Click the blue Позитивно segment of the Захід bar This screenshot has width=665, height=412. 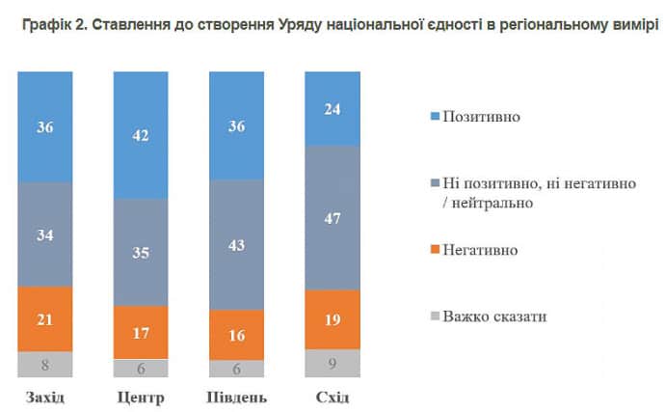point(44,125)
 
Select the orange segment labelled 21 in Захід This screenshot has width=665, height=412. point(44,319)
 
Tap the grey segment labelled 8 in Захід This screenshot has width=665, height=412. point(44,365)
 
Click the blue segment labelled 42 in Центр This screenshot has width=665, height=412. point(141,135)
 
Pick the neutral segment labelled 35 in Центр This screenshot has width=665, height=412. point(141,253)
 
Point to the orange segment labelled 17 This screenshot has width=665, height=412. point(141,332)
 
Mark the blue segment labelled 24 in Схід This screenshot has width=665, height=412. point(332,108)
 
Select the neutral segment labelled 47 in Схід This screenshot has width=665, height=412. point(332,217)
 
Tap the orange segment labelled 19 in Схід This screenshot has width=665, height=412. point(332,319)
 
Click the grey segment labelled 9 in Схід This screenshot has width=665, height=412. point(332,364)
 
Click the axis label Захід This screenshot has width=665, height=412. point(44,398)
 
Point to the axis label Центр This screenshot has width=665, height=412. point(141,398)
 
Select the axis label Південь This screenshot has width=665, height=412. point(237,398)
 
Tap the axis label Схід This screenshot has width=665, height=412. point(332,398)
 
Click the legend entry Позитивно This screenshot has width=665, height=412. point(481,117)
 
